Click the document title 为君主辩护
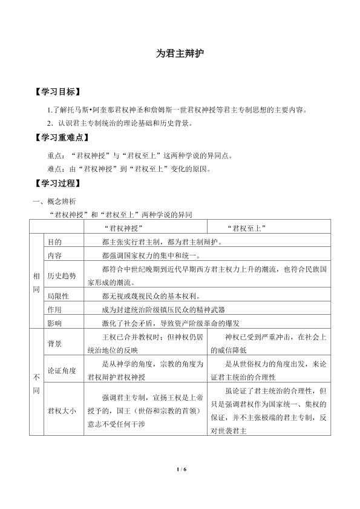pyautogui.click(x=180, y=53)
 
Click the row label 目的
pyautogui.click(x=54, y=241)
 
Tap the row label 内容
pyautogui.click(x=54, y=255)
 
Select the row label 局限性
pyautogui.click(x=59, y=295)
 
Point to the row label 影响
pyautogui.click(x=54, y=323)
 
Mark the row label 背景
pyautogui.click(x=54, y=343)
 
